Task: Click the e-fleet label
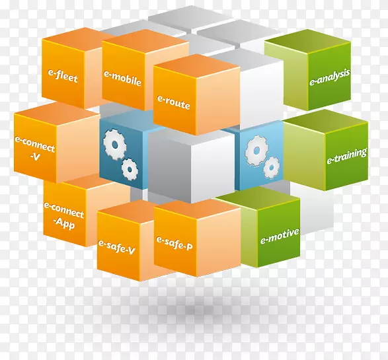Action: coord(63,76)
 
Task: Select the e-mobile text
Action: coord(122,79)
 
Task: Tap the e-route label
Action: coord(174,102)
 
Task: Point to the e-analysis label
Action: coord(330,77)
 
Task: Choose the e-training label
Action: coord(346,156)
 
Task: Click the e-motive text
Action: coord(280,236)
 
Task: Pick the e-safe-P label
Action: coord(175,243)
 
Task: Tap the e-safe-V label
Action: coord(116,247)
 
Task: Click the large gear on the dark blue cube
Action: coord(114,145)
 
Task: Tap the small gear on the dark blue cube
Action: coord(130,169)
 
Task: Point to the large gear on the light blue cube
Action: coord(256,151)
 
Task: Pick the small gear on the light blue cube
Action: coord(272,168)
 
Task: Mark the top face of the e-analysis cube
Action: coord(307,41)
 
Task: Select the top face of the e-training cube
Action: coord(325,121)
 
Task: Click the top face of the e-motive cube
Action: coord(257,198)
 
